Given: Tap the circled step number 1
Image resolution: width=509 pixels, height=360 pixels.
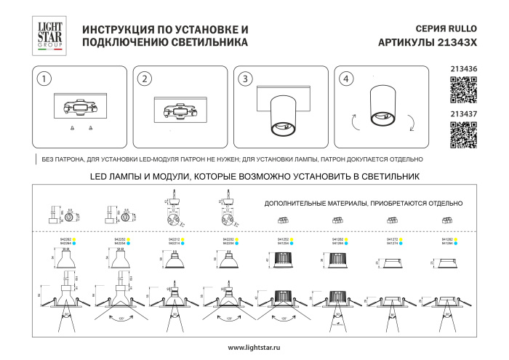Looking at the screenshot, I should coord(45,78).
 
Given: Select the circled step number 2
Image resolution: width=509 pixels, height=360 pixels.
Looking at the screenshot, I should coord(145,78).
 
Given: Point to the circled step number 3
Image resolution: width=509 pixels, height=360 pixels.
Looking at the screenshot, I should coord(245,78).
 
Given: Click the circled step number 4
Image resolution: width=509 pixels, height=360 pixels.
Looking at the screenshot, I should coord(345,78).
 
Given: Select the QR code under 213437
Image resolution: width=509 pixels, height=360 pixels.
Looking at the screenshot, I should coord(463,135).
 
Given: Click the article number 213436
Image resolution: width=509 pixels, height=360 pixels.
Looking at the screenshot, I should coord(463,69).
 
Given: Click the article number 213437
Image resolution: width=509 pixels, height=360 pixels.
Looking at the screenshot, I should coord(463,113).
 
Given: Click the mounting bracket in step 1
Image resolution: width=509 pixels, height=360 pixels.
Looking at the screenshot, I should coord(81,108).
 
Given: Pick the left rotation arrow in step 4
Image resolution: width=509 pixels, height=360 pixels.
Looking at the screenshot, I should coord(353,121).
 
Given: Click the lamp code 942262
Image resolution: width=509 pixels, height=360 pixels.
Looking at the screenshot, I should coord(63,239).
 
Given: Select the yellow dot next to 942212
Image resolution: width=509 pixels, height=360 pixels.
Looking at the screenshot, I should coord(184,239).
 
